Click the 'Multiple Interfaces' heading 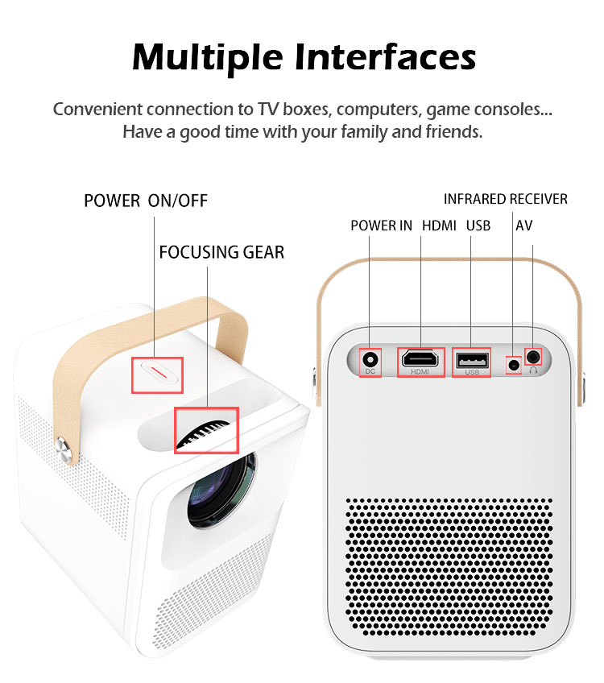pos(304,57)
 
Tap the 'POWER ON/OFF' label pos(146,201)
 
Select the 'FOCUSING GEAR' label pos(221,252)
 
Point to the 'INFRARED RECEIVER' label pos(505,199)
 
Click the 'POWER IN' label pos(381,226)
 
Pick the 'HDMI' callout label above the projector pos(439,226)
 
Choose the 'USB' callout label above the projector pos(478,226)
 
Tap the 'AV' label pos(524,226)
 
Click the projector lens pos(221,491)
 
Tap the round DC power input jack pos(370,360)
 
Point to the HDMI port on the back pos(420,359)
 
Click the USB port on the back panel pos(472,361)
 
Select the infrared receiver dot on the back pos(515,365)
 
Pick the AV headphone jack pos(533,357)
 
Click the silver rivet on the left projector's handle pos(63,449)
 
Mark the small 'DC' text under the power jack pos(370,371)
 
